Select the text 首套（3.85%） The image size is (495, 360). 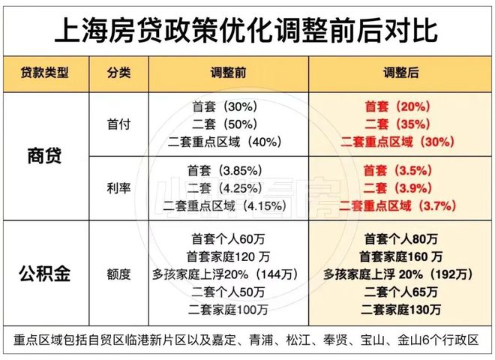[x=230, y=171]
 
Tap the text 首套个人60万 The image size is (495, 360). [x=229, y=240]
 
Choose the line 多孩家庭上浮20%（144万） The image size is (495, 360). [x=229, y=274]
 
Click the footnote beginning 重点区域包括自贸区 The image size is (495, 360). [x=247, y=340]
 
